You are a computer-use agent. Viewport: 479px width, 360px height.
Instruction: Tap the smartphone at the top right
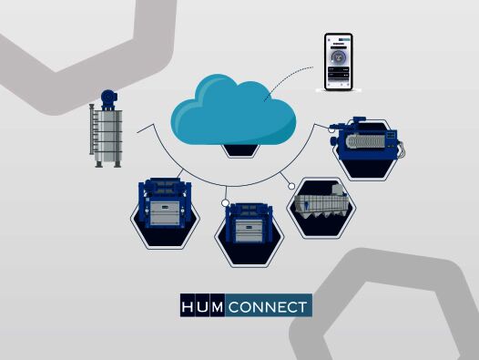pos(339,62)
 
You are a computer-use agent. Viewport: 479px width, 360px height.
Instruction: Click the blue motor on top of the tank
pos(109,95)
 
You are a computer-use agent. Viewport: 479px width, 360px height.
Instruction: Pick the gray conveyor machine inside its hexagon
pos(321,208)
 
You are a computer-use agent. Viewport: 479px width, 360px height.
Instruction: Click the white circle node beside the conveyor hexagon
pos(291,186)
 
